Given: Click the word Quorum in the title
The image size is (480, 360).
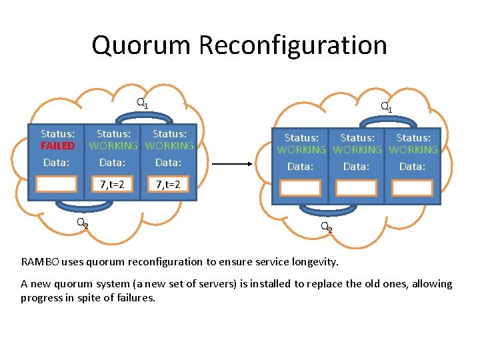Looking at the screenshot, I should coord(141,45).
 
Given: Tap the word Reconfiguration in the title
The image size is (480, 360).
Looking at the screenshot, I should coord(293,45).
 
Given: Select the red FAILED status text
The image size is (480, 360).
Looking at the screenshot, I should coord(57,145).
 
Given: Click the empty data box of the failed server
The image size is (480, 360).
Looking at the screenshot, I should coord(56,184).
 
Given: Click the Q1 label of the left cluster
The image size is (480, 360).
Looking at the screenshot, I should coord(142,103).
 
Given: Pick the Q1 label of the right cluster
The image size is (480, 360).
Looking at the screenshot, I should coord(386,106).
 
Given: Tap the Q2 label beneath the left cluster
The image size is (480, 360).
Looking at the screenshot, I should coord(82,223).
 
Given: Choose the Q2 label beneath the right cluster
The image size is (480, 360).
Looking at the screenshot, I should coord(326,227).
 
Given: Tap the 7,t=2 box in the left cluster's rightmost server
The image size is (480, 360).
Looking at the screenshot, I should coord(168,184).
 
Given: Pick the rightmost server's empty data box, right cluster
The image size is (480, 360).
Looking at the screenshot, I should coord(412,188).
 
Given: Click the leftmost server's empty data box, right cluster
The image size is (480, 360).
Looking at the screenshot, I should coord(300,188).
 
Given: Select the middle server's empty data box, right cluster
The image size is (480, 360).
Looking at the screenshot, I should coord(356,188).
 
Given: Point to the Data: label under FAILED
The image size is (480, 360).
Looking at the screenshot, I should coord(56,162).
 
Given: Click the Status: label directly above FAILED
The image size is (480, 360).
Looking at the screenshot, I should coord(57,134).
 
